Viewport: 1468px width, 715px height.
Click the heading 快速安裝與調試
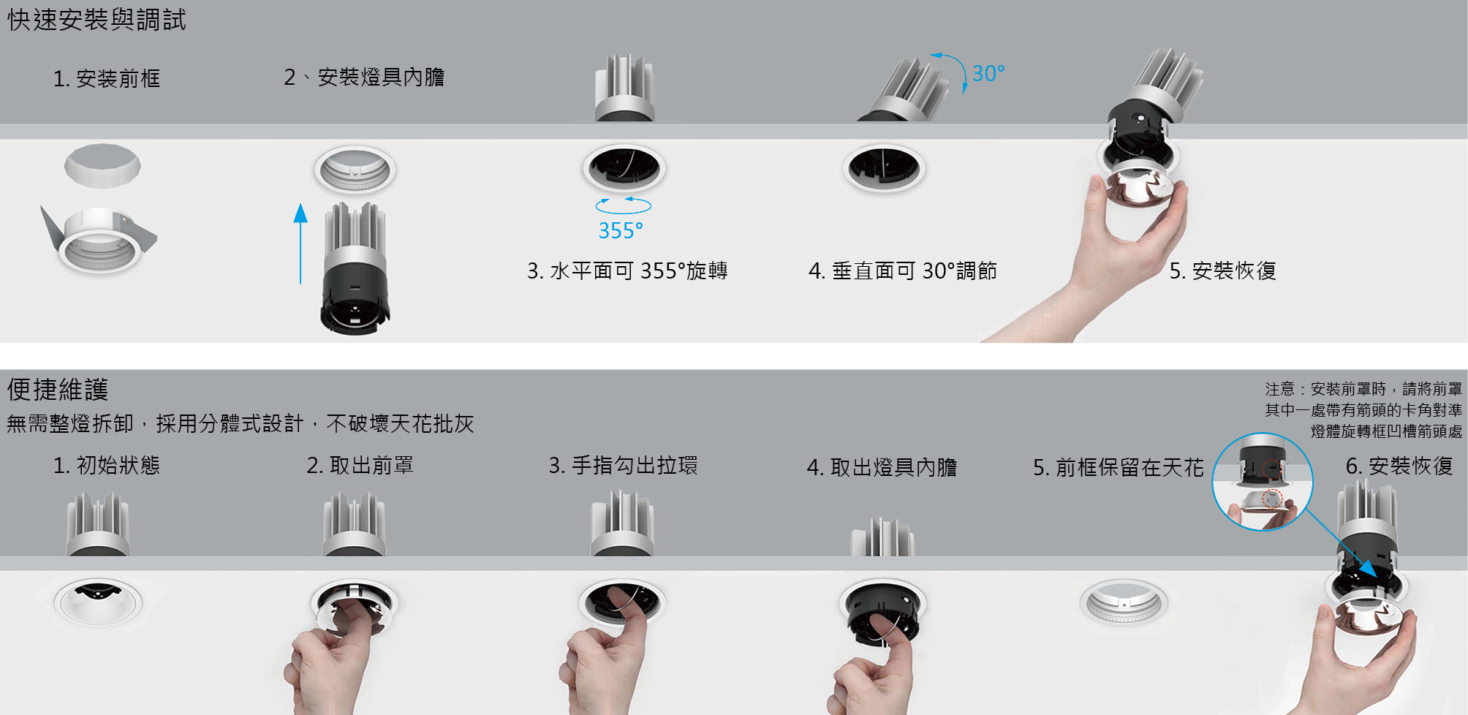pos(97,20)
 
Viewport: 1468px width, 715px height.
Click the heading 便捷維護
pos(58,389)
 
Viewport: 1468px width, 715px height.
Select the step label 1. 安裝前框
pos(107,78)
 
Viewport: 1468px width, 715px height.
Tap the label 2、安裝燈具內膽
pos(364,77)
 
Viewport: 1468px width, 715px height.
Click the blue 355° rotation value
pos(621,231)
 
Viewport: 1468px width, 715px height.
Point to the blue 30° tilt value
pos(988,73)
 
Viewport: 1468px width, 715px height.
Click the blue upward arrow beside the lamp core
pos(300,243)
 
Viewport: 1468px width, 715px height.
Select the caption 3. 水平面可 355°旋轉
pos(627,271)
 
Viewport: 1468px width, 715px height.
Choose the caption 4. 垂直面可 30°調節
pos(903,271)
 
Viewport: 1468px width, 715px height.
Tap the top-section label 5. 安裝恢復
pos(1223,271)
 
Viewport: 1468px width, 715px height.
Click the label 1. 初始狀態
pos(107,466)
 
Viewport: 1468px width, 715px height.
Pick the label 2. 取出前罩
pos(360,466)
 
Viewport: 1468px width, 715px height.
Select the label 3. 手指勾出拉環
pos(624,466)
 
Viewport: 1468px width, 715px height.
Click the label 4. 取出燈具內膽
pos(882,467)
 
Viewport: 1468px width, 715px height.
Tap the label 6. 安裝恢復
pos(1399,466)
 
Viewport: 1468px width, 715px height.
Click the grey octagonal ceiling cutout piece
pos(102,165)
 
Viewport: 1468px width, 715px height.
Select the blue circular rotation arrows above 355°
pos(624,205)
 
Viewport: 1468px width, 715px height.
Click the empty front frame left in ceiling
pos(1124,602)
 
